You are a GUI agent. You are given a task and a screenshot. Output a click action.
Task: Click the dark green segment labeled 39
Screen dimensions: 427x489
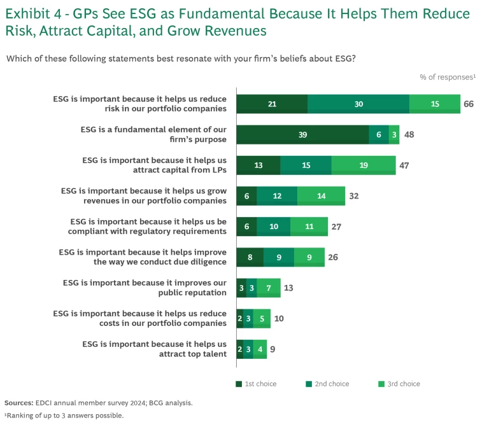[302, 134]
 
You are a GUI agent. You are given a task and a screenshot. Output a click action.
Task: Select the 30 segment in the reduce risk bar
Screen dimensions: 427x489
[358, 104]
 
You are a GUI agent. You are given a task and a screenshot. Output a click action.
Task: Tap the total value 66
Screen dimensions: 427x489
[469, 104]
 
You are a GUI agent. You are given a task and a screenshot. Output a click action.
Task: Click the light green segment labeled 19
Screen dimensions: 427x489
[363, 165]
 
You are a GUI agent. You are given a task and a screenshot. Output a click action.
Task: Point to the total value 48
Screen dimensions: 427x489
[409, 134]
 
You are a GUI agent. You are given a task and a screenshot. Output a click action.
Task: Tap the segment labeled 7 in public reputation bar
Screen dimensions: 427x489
[269, 288]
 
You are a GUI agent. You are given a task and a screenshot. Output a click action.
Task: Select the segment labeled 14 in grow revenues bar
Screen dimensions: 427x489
[321, 196]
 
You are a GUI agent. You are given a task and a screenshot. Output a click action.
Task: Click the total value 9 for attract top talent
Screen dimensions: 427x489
[273, 349]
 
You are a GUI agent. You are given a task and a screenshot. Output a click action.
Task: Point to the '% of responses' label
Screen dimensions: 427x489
[448, 77]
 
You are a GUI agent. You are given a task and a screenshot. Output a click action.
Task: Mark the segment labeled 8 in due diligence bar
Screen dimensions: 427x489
[250, 257]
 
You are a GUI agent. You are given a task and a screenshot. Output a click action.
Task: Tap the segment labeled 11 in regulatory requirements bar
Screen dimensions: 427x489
[309, 227]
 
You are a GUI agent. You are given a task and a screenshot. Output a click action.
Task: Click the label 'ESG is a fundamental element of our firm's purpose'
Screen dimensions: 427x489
[153, 134]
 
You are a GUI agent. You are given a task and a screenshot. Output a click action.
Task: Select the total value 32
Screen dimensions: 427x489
[354, 196]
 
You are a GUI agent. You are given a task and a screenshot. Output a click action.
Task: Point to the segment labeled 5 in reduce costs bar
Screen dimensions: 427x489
[262, 318]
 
